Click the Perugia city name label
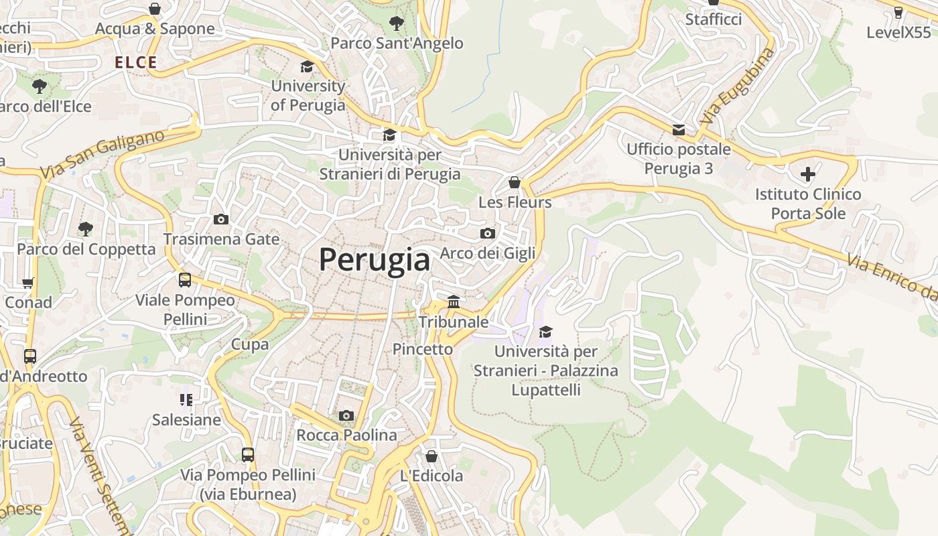(x=374, y=260)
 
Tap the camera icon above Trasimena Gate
(x=220, y=219)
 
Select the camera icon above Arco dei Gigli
(x=488, y=233)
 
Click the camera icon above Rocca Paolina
(x=346, y=415)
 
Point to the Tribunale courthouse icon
(x=454, y=302)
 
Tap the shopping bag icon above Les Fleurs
(x=515, y=182)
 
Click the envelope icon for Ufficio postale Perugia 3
(x=679, y=129)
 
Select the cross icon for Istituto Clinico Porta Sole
(x=808, y=174)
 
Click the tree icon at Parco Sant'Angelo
(x=397, y=23)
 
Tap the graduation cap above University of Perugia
(x=308, y=66)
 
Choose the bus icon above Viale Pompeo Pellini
(x=185, y=280)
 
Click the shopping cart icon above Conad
(x=28, y=283)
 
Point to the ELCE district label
(x=136, y=63)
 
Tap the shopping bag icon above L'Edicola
(x=431, y=456)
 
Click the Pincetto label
(x=423, y=349)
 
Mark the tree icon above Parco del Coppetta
(x=85, y=229)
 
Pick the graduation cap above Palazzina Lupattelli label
(x=546, y=332)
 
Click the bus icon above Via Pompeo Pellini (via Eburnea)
(x=248, y=455)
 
